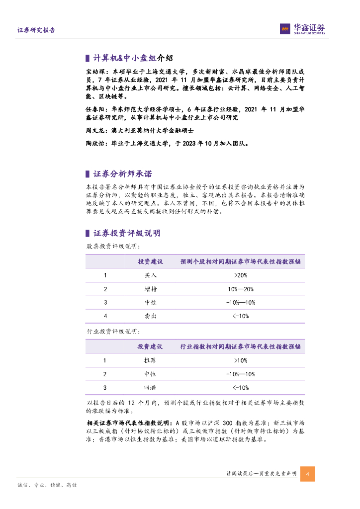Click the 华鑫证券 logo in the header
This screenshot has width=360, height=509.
coord(303,29)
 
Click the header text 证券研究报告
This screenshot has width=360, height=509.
coord(36,30)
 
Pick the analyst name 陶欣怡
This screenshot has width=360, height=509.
coord(96,143)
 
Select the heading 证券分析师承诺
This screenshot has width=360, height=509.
coord(122,174)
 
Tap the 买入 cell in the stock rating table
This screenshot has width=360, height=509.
coord(150,275)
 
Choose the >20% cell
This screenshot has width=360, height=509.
coord(241,275)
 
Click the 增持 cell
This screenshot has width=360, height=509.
coord(150,289)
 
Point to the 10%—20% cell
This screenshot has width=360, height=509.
coord(241,289)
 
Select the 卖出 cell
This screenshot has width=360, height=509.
coord(150,316)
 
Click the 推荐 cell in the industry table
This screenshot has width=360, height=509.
coord(150,360)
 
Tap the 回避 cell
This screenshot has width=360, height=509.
coord(150,387)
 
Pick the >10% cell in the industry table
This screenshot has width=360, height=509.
coord(241,360)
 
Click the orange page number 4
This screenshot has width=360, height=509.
coord(308,474)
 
